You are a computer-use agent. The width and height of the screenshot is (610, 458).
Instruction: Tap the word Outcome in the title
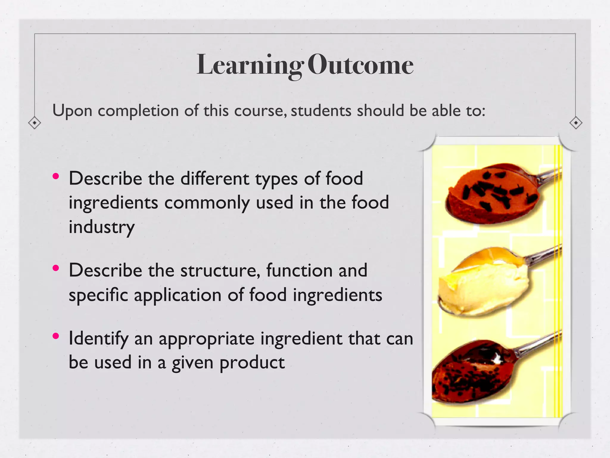click(360, 65)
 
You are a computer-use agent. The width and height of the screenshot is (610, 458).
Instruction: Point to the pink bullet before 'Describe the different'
click(56, 176)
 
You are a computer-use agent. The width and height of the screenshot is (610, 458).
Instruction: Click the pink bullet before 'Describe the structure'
click(56, 268)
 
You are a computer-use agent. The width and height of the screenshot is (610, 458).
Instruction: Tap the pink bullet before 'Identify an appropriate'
click(56, 336)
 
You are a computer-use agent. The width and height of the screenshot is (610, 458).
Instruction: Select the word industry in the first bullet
click(102, 228)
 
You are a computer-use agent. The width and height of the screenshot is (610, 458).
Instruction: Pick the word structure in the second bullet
click(220, 270)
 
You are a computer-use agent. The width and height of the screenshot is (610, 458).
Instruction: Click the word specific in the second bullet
click(98, 295)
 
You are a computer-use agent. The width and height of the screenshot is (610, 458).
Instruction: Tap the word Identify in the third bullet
click(98, 339)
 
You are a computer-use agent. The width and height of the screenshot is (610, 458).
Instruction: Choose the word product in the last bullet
click(252, 363)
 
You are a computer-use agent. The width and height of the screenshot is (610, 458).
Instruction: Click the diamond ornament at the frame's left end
click(35, 123)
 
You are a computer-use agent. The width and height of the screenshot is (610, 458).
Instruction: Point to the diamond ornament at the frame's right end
click(576, 123)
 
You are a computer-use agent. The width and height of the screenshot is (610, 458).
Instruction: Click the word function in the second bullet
click(299, 270)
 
